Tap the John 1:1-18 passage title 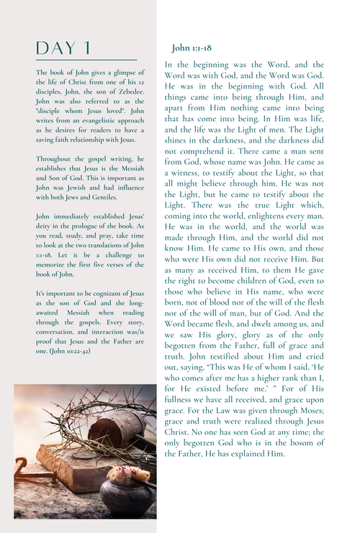tap(191, 48)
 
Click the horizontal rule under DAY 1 tap(85, 61)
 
